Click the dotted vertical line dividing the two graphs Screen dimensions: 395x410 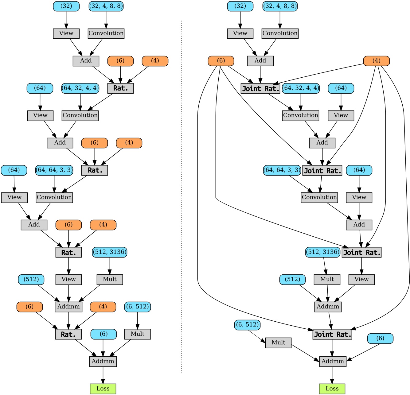182,196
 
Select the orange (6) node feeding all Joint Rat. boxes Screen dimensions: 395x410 221,61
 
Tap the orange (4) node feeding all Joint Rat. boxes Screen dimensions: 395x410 376,61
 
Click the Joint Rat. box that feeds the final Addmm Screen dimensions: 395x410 332,334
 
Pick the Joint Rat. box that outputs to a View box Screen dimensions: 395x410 361,252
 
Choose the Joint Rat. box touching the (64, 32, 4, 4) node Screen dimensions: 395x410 260,88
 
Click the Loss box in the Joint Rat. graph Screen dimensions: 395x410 332,389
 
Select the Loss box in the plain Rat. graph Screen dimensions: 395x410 103,389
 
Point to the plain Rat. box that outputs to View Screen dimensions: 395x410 68,252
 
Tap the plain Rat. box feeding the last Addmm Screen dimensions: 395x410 68,334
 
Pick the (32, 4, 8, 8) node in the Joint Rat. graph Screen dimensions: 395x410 280,6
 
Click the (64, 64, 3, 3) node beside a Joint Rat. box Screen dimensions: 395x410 282,170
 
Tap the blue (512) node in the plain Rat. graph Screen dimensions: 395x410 31,279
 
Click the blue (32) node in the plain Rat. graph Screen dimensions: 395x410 66,6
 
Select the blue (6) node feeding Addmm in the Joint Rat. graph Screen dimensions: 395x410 380,338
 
